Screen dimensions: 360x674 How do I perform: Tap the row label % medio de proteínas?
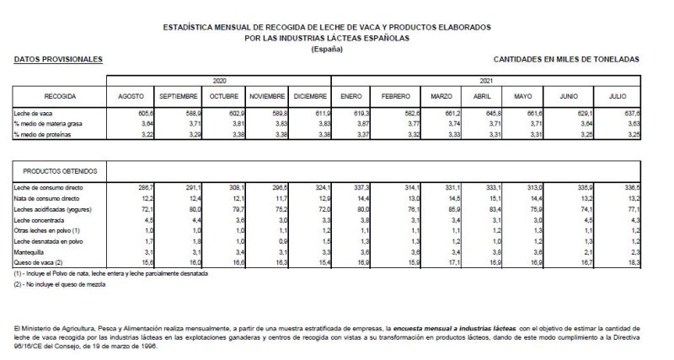[x=44, y=135]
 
